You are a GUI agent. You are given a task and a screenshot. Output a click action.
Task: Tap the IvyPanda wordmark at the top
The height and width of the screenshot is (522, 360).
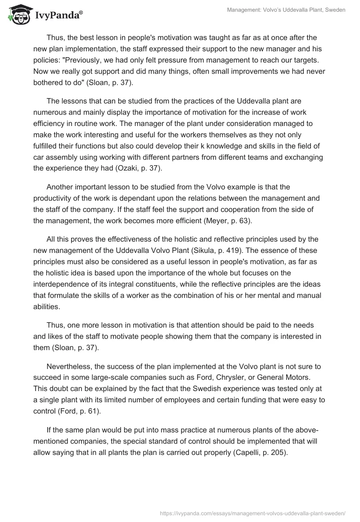pyautogui.click(x=58, y=15)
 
